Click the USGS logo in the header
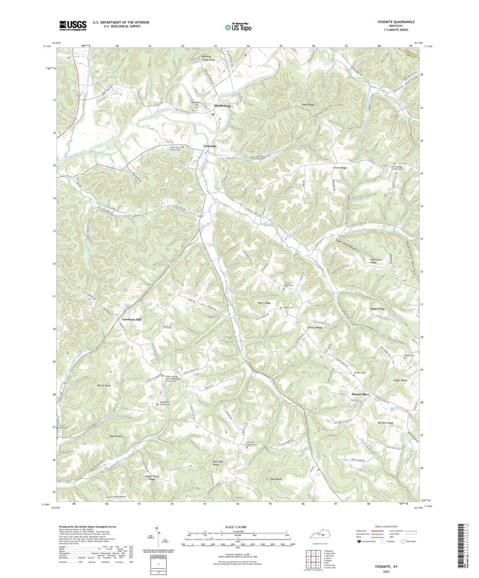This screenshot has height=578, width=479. point(72,25)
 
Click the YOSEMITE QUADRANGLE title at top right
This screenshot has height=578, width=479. point(392,21)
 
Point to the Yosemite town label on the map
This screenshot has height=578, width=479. point(210,146)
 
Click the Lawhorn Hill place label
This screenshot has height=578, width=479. point(131,319)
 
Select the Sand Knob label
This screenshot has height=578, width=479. point(275,479)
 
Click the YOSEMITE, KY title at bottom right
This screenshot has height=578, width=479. point(390,567)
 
